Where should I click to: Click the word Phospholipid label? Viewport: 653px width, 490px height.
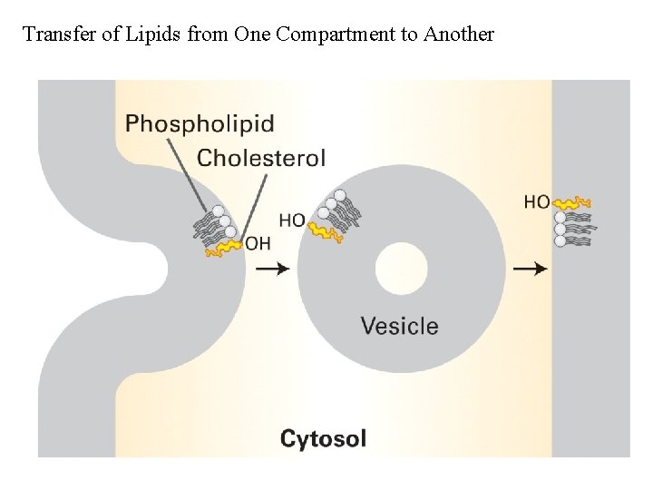point(199,123)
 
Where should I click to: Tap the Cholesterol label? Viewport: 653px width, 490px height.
point(261,158)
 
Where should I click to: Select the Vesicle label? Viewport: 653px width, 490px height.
point(399,326)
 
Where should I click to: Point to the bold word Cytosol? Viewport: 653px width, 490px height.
point(323,439)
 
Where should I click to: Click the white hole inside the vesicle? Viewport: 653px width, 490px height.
point(401,269)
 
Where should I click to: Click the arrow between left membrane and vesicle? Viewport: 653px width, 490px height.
point(273,269)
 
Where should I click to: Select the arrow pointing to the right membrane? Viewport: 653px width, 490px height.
point(531,269)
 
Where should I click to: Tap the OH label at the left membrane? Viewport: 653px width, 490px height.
point(258,243)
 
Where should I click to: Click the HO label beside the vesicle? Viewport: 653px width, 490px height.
point(291,220)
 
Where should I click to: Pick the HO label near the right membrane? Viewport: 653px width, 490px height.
point(537,201)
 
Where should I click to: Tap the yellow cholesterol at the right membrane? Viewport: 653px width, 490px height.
point(573,202)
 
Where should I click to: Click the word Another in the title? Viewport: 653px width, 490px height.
point(458,34)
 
